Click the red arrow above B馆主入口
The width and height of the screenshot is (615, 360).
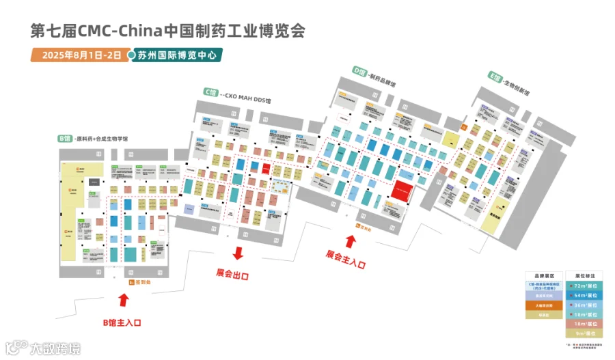[x=124, y=300]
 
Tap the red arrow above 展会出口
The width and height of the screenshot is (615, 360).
[x=238, y=253]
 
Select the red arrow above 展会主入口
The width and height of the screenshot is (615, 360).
[x=351, y=240]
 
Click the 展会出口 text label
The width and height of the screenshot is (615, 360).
[x=232, y=275]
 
